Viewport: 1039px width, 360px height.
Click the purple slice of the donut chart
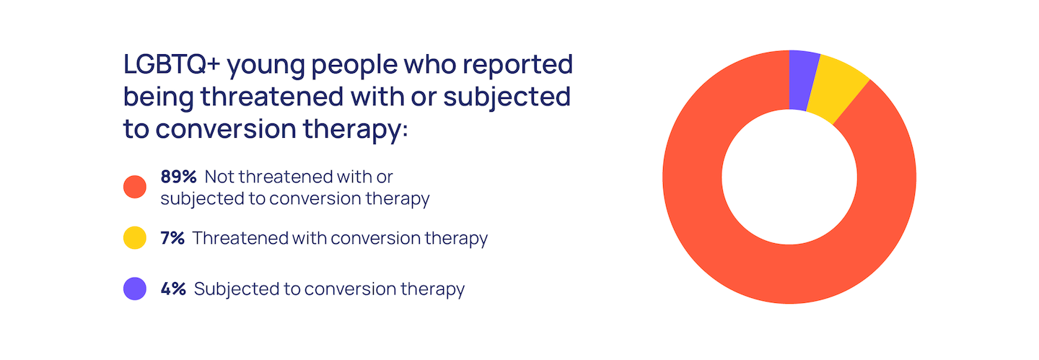click(x=802, y=80)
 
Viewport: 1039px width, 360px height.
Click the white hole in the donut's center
click(x=789, y=177)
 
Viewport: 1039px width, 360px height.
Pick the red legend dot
click(x=135, y=187)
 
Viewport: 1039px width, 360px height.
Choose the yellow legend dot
click(x=135, y=238)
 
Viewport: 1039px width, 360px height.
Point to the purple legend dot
click(x=135, y=289)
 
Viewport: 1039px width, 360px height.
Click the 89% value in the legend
click(x=179, y=177)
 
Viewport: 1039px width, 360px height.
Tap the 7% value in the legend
click(x=172, y=238)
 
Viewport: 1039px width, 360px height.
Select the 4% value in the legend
click(x=173, y=289)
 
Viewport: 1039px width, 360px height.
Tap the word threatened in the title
click(x=273, y=97)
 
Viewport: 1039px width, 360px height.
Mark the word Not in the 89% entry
click(x=218, y=177)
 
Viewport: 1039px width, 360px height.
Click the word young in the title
click(x=266, y=67)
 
